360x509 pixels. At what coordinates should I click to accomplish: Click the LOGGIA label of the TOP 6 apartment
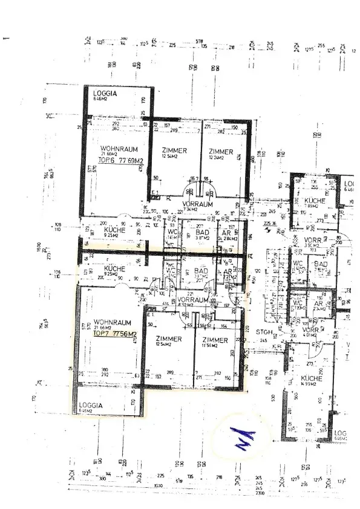(x=104, y=94)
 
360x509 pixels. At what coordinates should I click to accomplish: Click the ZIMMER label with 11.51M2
(x=215, y=340)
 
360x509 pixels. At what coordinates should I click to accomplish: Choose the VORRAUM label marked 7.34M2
(x=198, y=204)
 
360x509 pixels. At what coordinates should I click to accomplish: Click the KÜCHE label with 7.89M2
(x=315, y=201)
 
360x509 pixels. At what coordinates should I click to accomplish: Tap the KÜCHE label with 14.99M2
(x=312, y=378)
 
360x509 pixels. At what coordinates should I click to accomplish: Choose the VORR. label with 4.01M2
(x=311, y=331)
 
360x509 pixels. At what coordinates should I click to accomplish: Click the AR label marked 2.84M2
(x=226, y=233)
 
